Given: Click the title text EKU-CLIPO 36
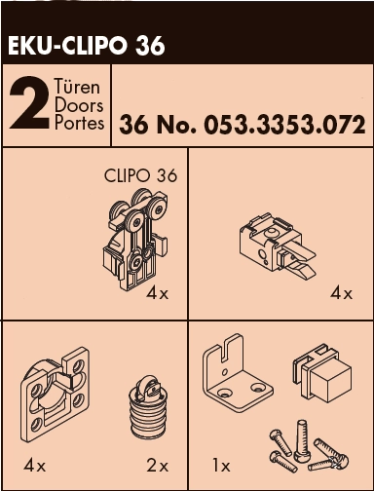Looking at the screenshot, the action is click(87, 46).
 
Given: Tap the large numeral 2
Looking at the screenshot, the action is click(29, 103).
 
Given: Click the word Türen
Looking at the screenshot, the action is click(77, 87).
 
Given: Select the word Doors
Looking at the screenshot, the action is click(79, 105).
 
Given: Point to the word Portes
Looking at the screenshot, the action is click(79, 123).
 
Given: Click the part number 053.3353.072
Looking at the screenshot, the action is click(284, 125).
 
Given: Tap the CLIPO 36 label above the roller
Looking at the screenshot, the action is click(141, 175).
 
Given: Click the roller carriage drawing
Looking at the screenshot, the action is click(135, 239).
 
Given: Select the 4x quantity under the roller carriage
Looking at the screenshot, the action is click(158, 294).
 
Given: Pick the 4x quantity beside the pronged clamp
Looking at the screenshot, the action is click(341, 294).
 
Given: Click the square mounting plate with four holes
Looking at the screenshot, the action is click(55, 394).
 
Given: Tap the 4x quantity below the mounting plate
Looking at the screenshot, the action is click(34, 467).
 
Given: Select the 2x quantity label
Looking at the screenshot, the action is click(158, 467).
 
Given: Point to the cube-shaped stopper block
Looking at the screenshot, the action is click(322, 373).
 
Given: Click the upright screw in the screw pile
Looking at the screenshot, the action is click(300, 440).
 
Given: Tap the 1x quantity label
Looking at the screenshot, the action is click(221, 467).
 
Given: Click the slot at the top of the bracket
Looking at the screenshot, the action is click(226, 349).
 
